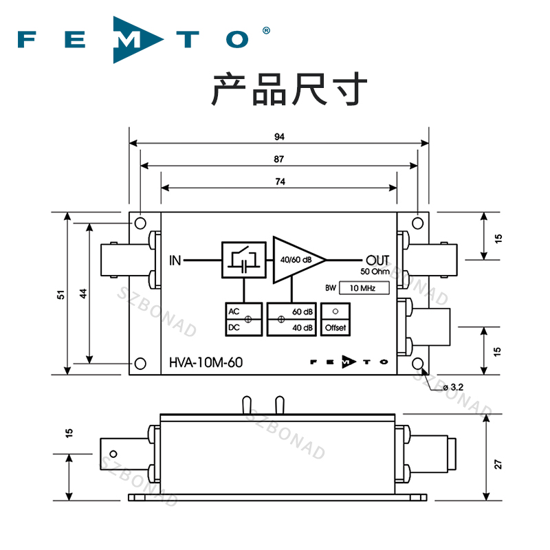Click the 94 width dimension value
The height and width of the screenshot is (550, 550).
click(279, 137)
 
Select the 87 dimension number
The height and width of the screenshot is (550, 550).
click(279, 159)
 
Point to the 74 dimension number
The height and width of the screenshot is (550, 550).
click(279, 181)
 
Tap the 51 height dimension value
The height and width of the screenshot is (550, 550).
click(61, 294)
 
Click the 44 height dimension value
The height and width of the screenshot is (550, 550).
click(82, 294)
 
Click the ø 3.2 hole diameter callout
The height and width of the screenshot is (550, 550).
click(452, 388)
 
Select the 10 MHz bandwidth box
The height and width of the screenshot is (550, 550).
click(365, 288)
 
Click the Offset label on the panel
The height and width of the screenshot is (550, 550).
click(335, 328)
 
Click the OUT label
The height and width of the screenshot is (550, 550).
click(378, 260)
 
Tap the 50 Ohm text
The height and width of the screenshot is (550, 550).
click(375, 271)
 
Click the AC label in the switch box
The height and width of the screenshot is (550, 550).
click(233, 312)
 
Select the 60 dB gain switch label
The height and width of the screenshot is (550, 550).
click(302, 312)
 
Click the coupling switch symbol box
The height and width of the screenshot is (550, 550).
click(243, 260)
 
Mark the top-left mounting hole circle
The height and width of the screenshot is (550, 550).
click(140, 223)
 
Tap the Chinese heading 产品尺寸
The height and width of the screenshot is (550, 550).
click(289, 89)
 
